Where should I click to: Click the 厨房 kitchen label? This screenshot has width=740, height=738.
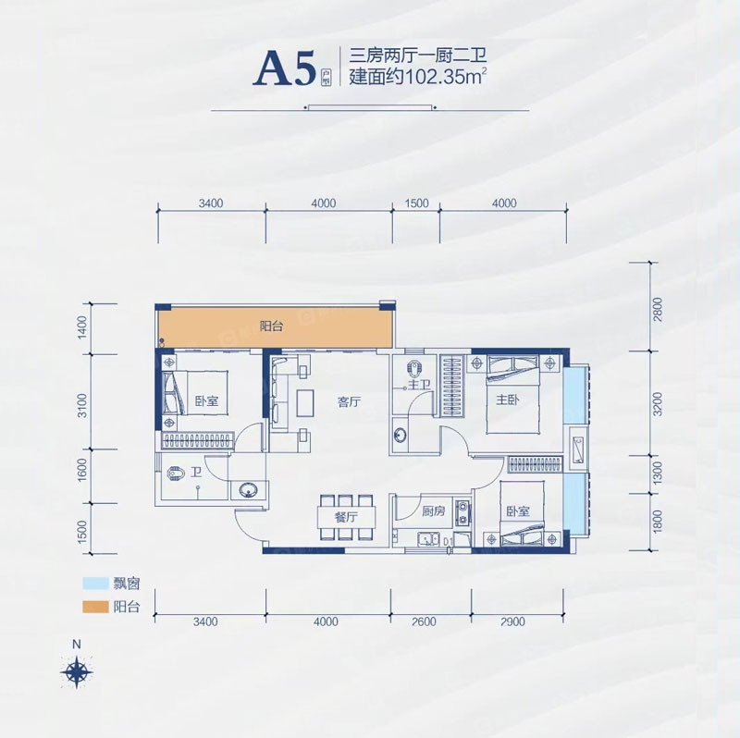click(x=434, y=510)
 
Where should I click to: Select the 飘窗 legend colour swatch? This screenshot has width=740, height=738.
click(x=101, y=585)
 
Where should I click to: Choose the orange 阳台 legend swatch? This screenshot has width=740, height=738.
click(x=101, y=608)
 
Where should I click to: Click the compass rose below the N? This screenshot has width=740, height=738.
click(x=78, y=669)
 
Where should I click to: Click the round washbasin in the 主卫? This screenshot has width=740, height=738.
click(x=401, y=433)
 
